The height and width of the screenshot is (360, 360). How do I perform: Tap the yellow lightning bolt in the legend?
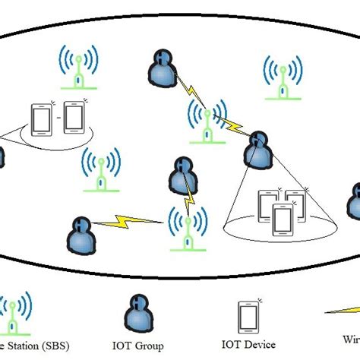(346, 311)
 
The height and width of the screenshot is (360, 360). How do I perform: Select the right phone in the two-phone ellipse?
(74, 115)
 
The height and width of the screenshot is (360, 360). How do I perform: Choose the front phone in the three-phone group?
(282, 219)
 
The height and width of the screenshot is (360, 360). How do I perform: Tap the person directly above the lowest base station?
(182, 174)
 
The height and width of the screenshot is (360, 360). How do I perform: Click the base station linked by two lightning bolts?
(206, 119)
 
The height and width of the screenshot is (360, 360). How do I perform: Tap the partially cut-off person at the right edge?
(354, 201)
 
